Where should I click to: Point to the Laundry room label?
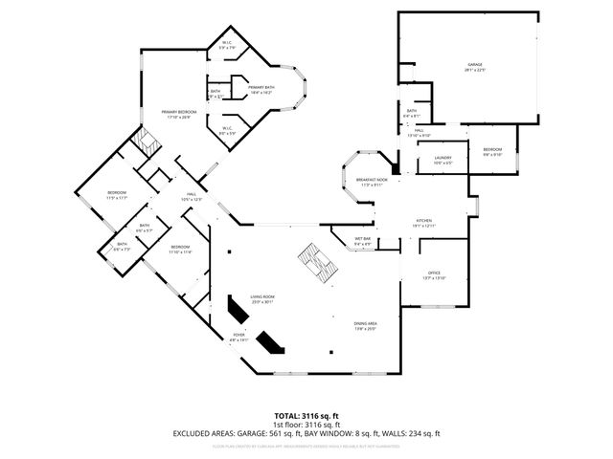[x=443, y=160]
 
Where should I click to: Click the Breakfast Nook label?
[x=372, y=182]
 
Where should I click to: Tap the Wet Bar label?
[x=363, y=242]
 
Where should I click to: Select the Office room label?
[x=434, y=273]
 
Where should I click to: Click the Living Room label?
[x=262, y=299]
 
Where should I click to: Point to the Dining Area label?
[x=365, y=326]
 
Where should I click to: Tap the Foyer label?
[x=238, y=337]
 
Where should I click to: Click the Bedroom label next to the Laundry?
[x=491, y=151]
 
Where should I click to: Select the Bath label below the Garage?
[x=411, y=113]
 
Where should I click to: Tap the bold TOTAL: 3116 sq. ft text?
[x=306, y=416]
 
